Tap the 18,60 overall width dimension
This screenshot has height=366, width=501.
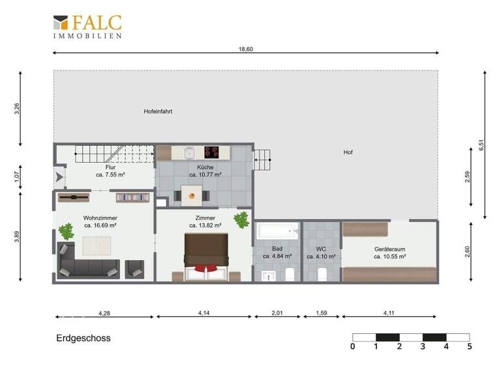[245, 49]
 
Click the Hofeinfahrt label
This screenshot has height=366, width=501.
[158, 112]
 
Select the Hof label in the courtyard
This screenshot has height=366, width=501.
[348, 152]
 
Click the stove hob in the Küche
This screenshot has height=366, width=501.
[212, 152]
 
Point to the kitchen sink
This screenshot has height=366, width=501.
[189, 152]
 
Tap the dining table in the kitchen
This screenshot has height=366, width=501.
[192, 193]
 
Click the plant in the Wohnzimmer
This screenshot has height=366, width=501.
[66, 231]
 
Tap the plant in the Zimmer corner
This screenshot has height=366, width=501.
[241, 220]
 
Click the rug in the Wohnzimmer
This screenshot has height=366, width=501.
[99, 246]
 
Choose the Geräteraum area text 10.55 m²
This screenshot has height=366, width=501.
[390, 257]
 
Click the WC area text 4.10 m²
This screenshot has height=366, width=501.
[321, 257]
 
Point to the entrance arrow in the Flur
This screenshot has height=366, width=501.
[59, 176]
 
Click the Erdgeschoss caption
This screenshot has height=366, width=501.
[83, 339]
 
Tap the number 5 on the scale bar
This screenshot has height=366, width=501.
[469, 346]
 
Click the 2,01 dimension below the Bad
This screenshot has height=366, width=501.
[277, 313]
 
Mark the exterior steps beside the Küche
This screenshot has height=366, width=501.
[262, 159]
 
